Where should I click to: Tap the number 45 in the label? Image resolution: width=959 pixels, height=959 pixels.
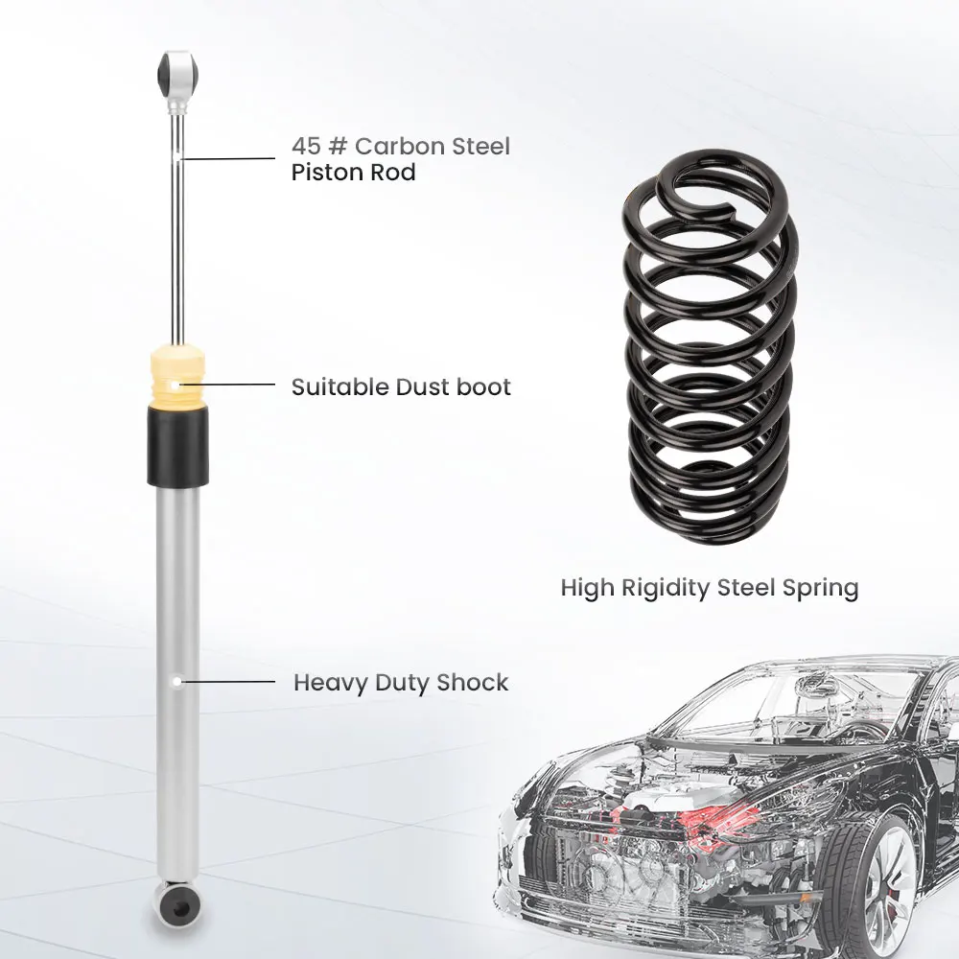305,147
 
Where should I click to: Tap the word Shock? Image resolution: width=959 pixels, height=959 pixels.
472,683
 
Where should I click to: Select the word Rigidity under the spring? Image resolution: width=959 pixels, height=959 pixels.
666,587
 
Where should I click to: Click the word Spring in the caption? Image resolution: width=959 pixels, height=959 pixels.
821,588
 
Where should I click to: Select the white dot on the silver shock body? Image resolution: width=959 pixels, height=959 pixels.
177,680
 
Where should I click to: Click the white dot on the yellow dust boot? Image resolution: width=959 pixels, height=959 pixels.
172,386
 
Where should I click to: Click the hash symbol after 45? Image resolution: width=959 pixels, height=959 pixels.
338,147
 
